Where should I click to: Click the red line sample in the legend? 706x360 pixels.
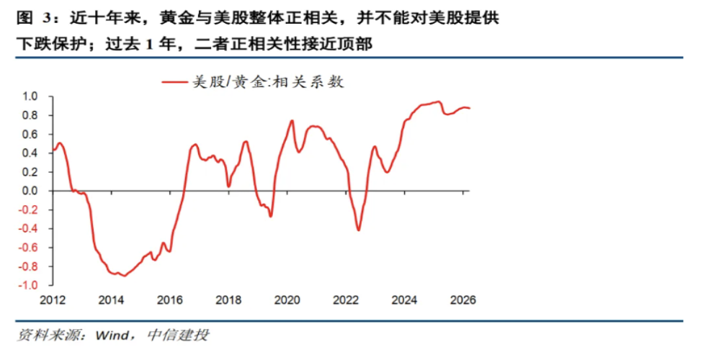click(x=175, y=82)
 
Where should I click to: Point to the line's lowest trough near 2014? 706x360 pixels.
click(x=125, y=276)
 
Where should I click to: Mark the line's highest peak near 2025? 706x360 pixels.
click(x=437, y=102)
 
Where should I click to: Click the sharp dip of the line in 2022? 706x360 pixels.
click(x=359, y=230)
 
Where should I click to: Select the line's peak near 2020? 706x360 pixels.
click(x=292, y=120)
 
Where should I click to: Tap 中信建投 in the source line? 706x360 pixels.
click(x=178, y=336)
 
